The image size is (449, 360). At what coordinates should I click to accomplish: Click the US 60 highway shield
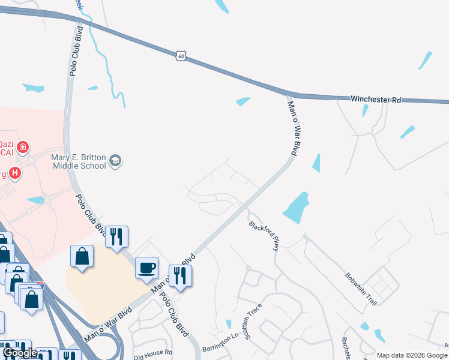pos(181,56)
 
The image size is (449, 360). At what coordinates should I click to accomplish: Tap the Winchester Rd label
pos(375,99)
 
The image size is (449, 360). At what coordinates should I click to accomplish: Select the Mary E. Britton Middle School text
pos(78,161)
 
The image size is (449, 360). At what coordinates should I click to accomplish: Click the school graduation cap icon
pos(115,161)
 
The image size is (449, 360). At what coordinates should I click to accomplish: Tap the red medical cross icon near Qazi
pos(23,146)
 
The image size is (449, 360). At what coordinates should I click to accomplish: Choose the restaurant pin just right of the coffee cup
pos(179,275)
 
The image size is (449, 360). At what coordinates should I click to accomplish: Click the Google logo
pos(20,353)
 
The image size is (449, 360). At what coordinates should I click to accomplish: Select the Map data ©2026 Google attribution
pos(412,355)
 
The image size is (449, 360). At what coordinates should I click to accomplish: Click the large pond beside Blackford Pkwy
pos(296,208)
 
